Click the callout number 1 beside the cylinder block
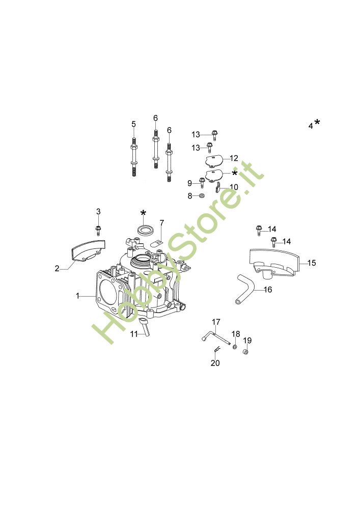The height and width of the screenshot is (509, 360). click(77, 296)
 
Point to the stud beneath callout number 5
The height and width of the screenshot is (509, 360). click(134, 157)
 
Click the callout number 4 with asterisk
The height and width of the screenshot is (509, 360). click(314, 124)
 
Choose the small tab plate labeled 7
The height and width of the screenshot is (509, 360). click(157, 243)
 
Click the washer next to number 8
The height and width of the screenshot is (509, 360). click(201, 195)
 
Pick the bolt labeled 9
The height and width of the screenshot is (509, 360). click(201, 182)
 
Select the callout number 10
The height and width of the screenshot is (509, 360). click(234, 187)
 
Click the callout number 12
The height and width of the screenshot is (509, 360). click(234, 158)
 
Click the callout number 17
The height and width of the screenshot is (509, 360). click(216, 322)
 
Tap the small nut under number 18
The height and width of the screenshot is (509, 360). click(235, 347)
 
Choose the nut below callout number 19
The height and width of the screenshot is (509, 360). click(246, 352)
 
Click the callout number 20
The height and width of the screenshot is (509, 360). click(215, 363)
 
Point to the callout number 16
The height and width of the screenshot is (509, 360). click(268, 289)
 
